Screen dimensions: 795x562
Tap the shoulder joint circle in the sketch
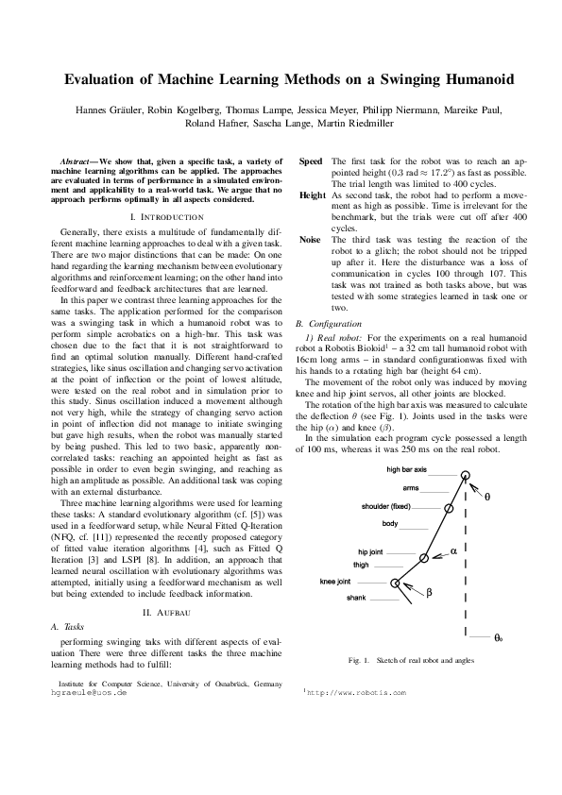tap(448, 507)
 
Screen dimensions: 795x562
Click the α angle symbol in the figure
tap(453, 550)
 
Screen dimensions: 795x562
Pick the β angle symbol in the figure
tap(428, 593)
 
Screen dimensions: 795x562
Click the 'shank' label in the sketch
tap(356, 599)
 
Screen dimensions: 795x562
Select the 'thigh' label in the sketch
tap(361, 565)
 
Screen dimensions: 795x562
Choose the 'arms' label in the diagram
tap(411, 488)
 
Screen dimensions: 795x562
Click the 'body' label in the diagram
tap(390, 523)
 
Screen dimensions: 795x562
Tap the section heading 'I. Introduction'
tap(166, 216)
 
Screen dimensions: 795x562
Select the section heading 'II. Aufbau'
tap(166, 613)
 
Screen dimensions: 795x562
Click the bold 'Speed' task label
tap(310, 161)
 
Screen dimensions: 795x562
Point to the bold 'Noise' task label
tap(310, 240)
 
